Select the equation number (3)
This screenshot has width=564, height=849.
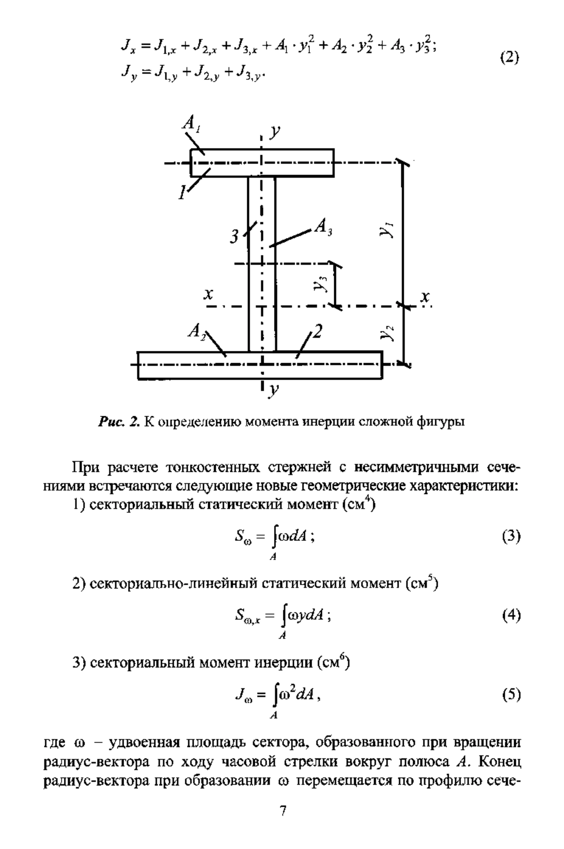[511, 537]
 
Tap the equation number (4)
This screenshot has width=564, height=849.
[511, 616]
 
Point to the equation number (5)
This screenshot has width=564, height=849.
[511, 695]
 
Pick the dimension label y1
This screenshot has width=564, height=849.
[388, 230]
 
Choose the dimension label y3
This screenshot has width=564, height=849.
[322, 284]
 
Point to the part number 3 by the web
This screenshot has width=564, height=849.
[234, 237]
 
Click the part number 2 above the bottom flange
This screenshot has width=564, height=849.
[318, 333]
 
